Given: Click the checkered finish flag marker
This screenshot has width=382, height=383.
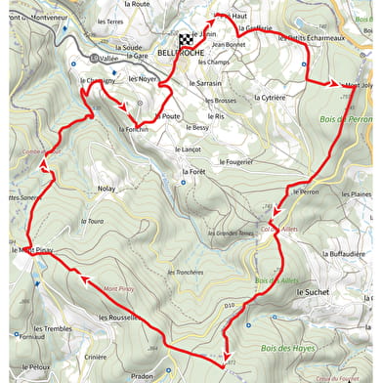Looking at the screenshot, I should [186, 40].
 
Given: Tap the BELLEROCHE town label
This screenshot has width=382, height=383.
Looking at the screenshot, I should [179, 53].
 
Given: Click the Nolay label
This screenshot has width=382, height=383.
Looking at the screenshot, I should [106, 188].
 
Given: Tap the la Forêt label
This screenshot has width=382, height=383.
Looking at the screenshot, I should [194, 171].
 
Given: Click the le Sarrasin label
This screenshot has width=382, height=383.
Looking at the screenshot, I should [205, 84].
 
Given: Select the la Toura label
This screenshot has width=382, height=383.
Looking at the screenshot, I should [94, 221].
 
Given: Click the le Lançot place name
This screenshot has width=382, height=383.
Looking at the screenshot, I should [186, 149].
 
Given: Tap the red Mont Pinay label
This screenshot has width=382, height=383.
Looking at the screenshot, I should [118, 289].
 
